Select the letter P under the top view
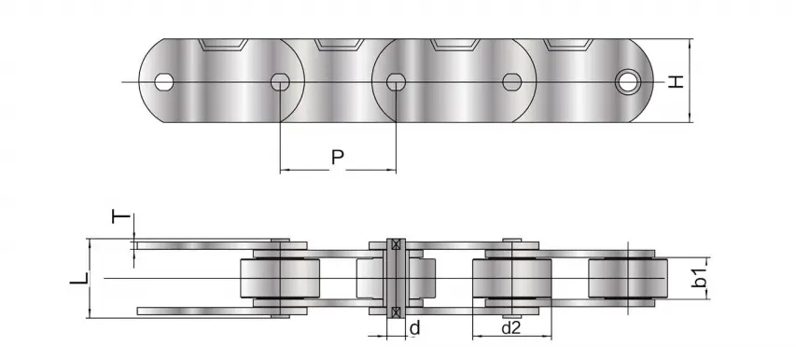click(339, 157)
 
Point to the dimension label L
click(81, 278)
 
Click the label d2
click(510, 327)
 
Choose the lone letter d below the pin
click(414, 327)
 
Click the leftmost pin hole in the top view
click(164, 82)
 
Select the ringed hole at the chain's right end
click(629, 82)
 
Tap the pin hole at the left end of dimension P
click(280, 82)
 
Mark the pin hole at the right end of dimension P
click(396, 82)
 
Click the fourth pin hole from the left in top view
click(511, 82)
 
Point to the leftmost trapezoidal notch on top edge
click(221, 45)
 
